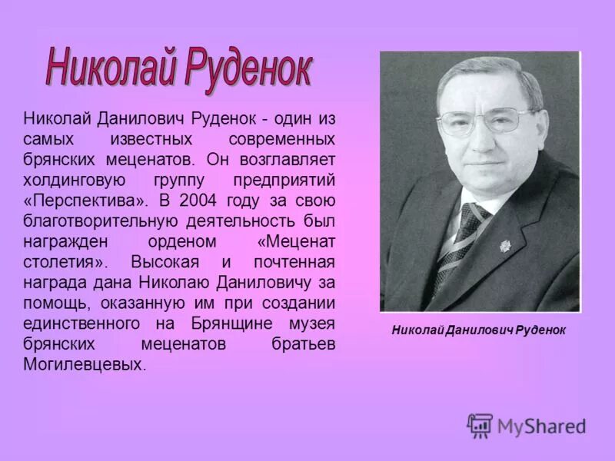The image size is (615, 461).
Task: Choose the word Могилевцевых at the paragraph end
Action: point(84,365)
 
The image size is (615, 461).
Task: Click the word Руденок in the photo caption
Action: point(537,330)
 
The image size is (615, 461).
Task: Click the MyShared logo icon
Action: point(480,425)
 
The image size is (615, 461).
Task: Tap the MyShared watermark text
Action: point(541,426)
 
